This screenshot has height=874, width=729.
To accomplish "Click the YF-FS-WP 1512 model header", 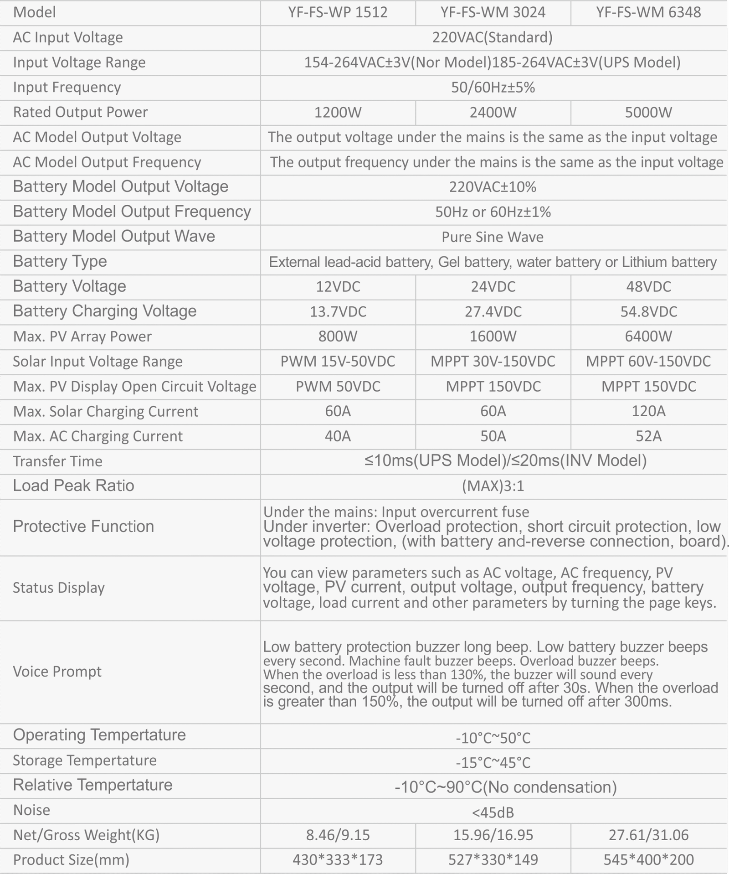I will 338,12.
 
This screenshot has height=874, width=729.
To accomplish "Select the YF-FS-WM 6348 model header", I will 648,12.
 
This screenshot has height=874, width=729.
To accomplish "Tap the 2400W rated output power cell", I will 493,112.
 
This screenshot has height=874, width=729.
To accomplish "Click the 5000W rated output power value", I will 648,112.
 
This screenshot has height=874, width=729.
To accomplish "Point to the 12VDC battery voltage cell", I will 338,287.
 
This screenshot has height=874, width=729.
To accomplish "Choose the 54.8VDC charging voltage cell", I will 648,312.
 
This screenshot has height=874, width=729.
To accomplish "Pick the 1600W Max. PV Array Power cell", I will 493,336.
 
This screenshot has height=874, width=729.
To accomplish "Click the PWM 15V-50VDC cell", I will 338,362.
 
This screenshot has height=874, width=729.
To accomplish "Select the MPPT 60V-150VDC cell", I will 648,362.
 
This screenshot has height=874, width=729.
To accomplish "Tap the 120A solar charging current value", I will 648,411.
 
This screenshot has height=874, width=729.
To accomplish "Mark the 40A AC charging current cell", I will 338,436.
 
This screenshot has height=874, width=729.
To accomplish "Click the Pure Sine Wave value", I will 493,237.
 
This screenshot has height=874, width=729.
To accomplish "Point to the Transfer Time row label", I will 57,461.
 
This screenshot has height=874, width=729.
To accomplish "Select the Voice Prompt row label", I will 57,672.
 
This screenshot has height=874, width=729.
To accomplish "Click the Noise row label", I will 31,810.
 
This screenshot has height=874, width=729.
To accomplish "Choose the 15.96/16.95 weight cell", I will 493,835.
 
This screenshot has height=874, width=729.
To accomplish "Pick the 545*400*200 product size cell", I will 648,860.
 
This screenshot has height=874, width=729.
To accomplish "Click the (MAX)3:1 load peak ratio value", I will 493,486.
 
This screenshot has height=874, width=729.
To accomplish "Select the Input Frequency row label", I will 67,87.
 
